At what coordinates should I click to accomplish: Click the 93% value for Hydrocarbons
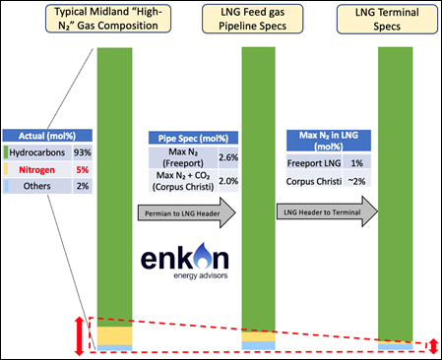coord(82,152)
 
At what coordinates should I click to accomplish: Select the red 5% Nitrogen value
coord(82,170)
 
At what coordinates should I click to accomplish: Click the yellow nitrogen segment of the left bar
coord(114,334)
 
